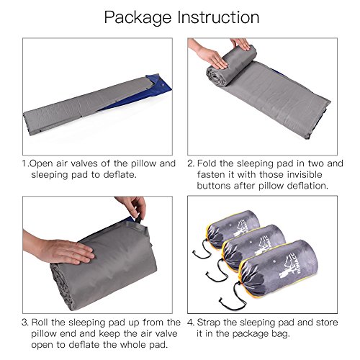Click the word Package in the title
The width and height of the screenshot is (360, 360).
[138, 18]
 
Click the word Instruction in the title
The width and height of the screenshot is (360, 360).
[219, 17]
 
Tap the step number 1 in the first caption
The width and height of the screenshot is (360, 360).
[24, 163]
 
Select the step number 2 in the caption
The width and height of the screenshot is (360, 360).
[191, 163]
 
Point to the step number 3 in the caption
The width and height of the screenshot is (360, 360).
[25, 323]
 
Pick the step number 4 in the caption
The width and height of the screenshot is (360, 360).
[191, 323]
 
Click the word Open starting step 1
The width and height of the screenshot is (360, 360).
[41, 164]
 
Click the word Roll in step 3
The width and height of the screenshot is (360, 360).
[40, 323]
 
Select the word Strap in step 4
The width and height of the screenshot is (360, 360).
[208, 323]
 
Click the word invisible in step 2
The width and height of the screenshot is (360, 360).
[305, 174]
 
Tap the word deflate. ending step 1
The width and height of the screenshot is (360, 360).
[120, 174]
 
